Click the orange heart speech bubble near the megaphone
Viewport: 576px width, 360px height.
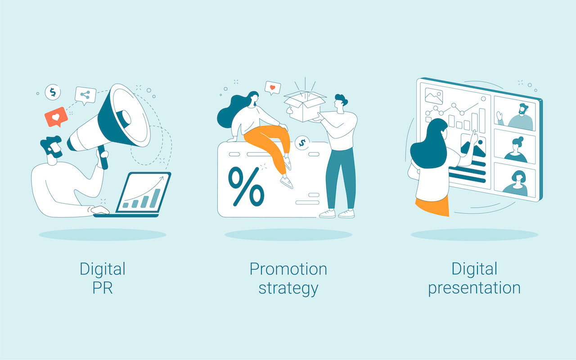(56, 117)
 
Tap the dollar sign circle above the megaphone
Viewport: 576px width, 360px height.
(53, 92)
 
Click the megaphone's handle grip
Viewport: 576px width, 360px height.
(102, 157)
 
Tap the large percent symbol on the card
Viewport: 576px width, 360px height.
(246, 186)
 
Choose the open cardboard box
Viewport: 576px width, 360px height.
(305, 106)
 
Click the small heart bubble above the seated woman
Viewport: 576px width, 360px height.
(273, 88)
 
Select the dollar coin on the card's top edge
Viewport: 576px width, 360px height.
(302, 143)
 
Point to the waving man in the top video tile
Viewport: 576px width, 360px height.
(517, 117)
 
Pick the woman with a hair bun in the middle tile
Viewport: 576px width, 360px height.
(516, 150)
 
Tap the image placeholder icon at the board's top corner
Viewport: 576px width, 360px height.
(434, 96)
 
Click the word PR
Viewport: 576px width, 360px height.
(102, 288)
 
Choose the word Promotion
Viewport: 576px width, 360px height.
(288, 269)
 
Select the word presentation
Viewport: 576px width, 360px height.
(474, 288)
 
